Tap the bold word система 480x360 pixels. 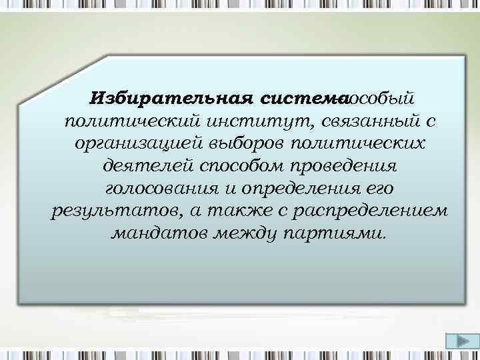pyautogui.click(x=295, y=99)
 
